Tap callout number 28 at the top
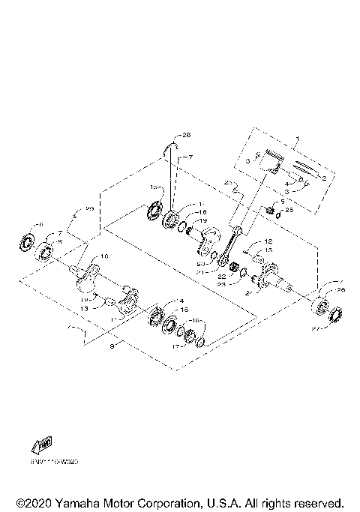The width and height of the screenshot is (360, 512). (x=186, y=135)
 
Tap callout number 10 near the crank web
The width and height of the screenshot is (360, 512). (x=103, y=256)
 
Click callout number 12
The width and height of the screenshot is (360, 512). (x=266, y=241)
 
